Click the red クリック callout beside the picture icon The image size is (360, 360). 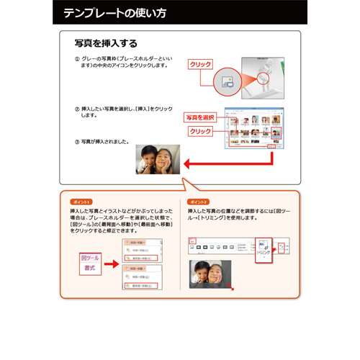pyautogui.click(x=200, y=65)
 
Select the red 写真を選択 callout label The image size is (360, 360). pyautogui.click(x=200, y=117)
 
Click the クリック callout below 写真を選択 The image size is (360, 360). pyautogui.click(x=200, y=131)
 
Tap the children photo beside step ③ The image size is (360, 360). pyautogui.click(x=158, y=158)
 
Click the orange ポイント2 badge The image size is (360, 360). pyautogui.click(x=197, y=202)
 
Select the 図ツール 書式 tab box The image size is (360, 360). pyautogui.click(x=90, y=263)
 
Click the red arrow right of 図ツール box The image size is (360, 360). pyautogui.click(x=112, y=264)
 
